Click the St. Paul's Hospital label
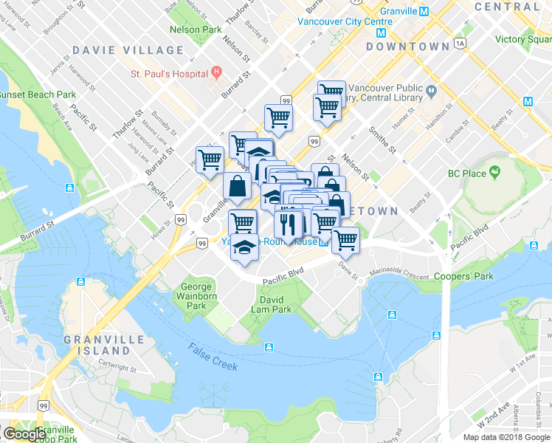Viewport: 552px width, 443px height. pyautogui.click(x=169, y=74)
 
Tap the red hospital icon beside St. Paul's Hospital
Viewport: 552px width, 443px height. pyautogui.click(x=216, y=73)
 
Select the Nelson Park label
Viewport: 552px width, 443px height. pyautogui.click(x=195, y=30)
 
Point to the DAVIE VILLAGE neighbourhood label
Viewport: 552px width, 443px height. pyautogui.click(x=128, y=50)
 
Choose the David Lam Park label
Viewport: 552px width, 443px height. pyautogui.click(x=276, y=305)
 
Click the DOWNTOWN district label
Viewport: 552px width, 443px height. pyautogui.click(x=407, y=47)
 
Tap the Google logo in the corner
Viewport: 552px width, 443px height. pyautogui.click(x=25, y=433)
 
